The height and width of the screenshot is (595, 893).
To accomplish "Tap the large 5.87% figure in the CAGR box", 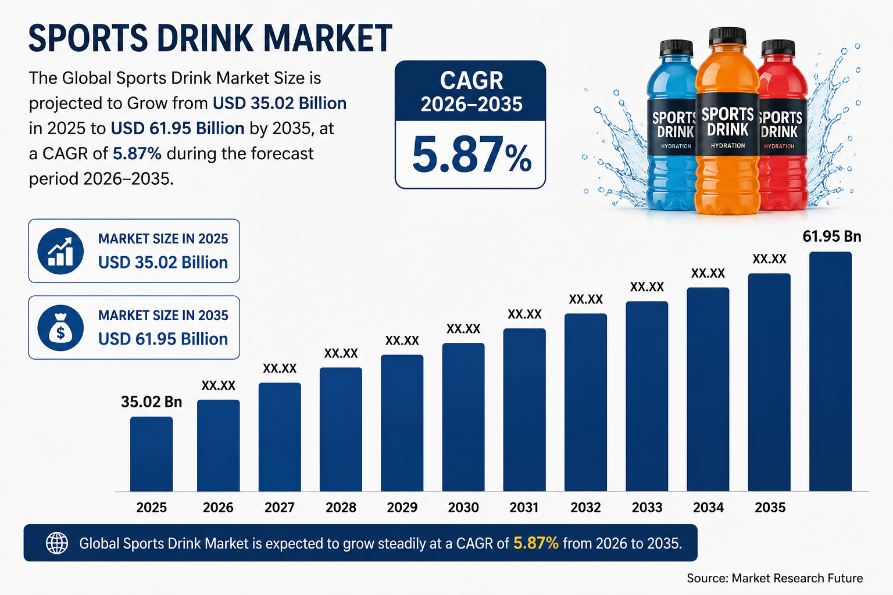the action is click(x=471, y=155).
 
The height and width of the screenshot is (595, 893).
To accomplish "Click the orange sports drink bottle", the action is click(x=727, y=121).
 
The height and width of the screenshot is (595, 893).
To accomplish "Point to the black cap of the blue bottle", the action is click(x=676, y=48).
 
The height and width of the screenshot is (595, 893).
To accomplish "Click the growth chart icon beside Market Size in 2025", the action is click(x=60, y=251).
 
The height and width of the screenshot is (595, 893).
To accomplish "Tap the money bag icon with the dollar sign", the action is click(x=60, y=328).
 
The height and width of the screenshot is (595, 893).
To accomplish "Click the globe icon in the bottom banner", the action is click(x=56, y=543).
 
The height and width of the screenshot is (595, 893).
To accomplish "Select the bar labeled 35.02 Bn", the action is click(x=152, y=454).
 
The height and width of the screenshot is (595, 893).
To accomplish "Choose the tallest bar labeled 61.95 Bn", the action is click(x=830, y=371).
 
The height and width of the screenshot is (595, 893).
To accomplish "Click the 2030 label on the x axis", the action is click(x=463, y=507).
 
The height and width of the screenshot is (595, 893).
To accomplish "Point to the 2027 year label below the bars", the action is click(x=280, y=507).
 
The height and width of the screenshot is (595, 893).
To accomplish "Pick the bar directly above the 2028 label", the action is click(x=341, y=429).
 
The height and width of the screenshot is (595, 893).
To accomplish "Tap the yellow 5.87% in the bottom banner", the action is click(x=536, y=543).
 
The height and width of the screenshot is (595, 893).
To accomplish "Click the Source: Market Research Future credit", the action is click(x=774, y=578).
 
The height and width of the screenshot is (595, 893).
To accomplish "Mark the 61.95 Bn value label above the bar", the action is click(x=831, y=236).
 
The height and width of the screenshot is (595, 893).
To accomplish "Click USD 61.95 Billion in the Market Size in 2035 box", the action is click(x=163, y=339).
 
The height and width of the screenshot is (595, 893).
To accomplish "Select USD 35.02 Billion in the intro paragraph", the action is click(x=280, y=103).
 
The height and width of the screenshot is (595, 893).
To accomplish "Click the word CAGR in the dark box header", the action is click(x=471, y=81).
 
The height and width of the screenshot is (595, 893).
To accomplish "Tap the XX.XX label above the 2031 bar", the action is click(x=524, y=314).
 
